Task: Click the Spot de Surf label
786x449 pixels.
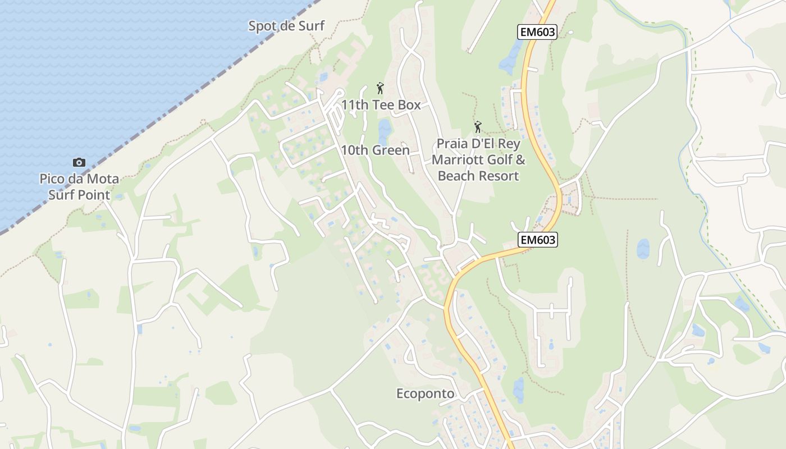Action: tap(286, 26)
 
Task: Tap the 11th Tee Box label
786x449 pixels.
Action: tap(381, 105)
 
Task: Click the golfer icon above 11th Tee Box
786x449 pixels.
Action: tap(380, 88)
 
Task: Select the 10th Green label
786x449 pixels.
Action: tap(375, 150)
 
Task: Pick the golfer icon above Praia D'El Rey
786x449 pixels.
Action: tap(478, 127)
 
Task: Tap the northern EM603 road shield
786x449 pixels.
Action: tap(537, 32)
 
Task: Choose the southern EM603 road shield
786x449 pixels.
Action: tap(537, 240)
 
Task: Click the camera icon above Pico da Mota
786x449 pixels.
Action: tap(79, 162)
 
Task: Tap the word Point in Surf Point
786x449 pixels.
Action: tap(95, 195)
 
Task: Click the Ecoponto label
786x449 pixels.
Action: tap(425, 394)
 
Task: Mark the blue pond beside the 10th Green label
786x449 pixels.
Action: tap(385, 131)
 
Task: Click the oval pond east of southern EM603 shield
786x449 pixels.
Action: tap(643, 249)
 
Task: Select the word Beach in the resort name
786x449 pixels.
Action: tap(456, 176)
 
